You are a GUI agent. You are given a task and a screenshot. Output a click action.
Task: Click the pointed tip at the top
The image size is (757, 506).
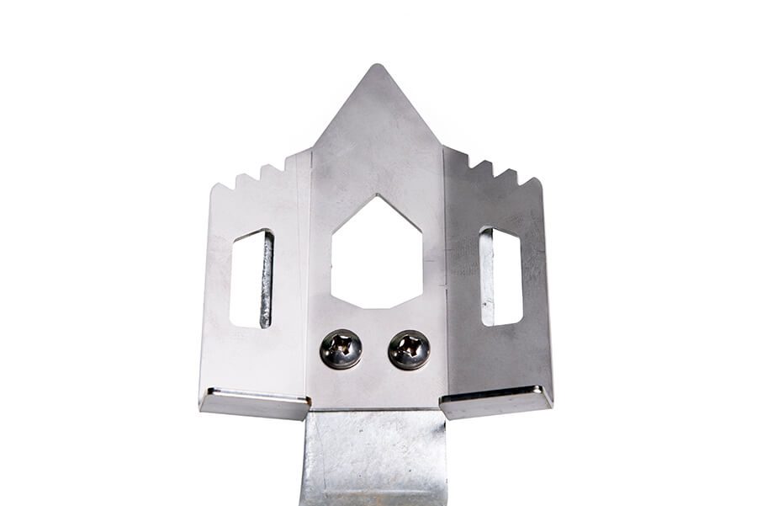click(x=377, y=67)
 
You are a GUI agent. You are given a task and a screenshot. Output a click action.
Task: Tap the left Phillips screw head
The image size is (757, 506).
click(x=341, y=349)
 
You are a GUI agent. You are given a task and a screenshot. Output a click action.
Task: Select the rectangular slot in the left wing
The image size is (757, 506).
click(x=251, y=279)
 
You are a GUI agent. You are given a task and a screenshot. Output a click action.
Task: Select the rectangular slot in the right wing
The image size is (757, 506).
click(x=500, y=276)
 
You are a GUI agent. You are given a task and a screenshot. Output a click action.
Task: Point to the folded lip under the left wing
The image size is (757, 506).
click(x=253, y=402)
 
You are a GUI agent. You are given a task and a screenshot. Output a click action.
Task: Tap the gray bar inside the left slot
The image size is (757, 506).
click(x=267, y=280)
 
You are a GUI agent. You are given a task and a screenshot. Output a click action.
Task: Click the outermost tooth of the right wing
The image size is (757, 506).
click(x=531, y=180)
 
